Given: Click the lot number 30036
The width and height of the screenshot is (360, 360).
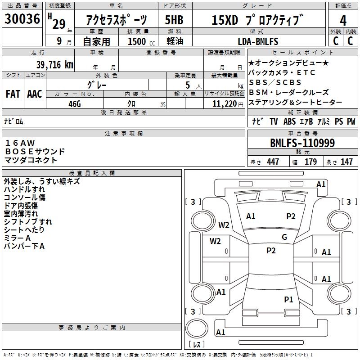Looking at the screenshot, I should point(22,20).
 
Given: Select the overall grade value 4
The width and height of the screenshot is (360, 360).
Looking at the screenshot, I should point(343,20).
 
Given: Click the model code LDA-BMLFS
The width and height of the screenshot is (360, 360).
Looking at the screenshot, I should point(257,41).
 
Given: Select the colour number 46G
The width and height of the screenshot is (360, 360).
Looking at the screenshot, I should point(75,103).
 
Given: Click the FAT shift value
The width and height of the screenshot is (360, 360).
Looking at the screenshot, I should point(13,94).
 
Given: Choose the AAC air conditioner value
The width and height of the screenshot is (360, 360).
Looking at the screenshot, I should point(35,94).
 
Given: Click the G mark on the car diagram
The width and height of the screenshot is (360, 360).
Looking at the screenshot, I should point(284,237).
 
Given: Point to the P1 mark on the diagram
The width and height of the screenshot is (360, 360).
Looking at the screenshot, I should point(288,299).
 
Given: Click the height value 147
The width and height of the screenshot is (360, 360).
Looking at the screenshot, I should point(346,162).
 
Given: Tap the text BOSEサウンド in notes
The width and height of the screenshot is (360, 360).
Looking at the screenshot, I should point(35,152).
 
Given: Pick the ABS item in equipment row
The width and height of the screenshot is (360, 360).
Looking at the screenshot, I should point(289,121).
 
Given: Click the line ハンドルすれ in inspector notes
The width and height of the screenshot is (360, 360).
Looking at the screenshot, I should point(24,189).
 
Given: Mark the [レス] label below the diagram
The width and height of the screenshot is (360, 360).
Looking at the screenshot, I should point(197,345).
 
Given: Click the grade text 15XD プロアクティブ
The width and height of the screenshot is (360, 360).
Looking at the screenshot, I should point(255,20).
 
